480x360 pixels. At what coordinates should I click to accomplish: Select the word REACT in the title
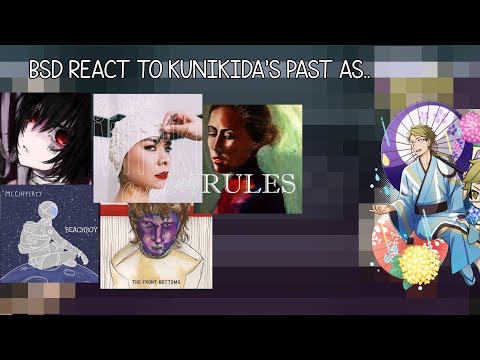[x=106, y=72]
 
